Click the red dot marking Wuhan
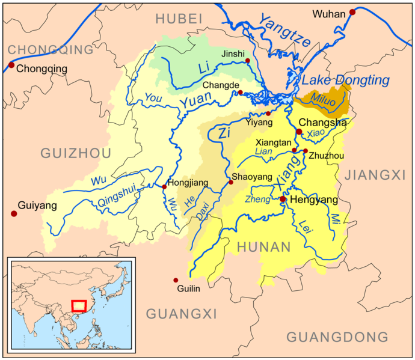(x=352, y=12)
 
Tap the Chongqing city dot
(x=11, y=65)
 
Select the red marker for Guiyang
(x=13, y=213)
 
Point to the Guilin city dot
(x=176, y=280)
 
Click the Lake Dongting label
(x=345, y=80)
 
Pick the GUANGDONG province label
(x=337, y=337)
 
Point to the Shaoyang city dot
(x=230, y=182)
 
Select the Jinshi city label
(x=233, y=54)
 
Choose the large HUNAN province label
(x=264, y=246)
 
